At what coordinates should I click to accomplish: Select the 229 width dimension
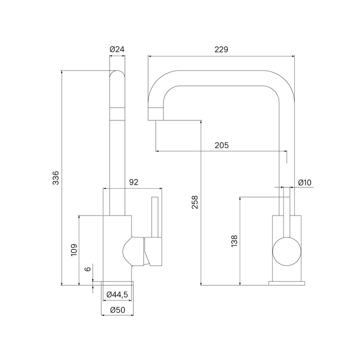tap(222, 49)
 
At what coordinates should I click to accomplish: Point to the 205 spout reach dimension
tap(222, 146)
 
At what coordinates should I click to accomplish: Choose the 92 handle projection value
tap(133, 182)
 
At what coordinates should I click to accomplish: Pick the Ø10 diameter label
tap(305, 182)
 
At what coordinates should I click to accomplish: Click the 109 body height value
tap(74, 249)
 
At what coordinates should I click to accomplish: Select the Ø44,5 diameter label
tap(117, 294)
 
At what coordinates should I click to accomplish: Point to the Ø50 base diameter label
tap(117, 310)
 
